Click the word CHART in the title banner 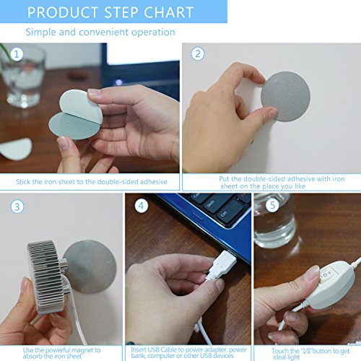169,12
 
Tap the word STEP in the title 121,12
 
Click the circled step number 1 17,54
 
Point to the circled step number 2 198,53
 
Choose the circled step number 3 17,206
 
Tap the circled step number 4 141,206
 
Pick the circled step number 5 272,205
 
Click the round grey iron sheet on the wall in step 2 286,96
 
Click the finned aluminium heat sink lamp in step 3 45,277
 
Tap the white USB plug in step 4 222,264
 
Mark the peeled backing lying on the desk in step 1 16,149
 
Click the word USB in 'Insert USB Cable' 153,349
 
